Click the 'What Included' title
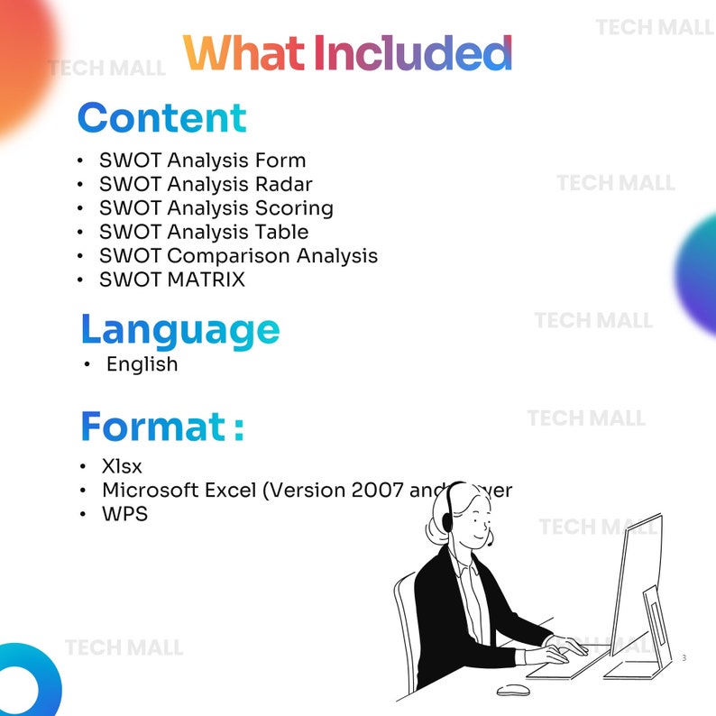[x=347, y=54]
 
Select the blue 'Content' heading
[x=161, y=119]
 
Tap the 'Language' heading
[x=179, y=330]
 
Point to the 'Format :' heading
[x=161, y=427]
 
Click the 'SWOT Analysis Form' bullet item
[x=202, y=161]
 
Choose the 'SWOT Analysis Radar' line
[x=206, y=184]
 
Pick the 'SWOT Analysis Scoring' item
[x=216, y=208]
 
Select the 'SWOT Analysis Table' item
[x=204, y=232]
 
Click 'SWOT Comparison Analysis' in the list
[x=238, y=256]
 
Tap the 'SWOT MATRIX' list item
[x=171, y=280]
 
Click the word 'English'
[x=142, y=364]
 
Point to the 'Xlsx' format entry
[x=122, y=467]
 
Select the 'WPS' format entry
[x=124, y=515]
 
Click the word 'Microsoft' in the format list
[x=150, y=491]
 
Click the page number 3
[x=684, y=658]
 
